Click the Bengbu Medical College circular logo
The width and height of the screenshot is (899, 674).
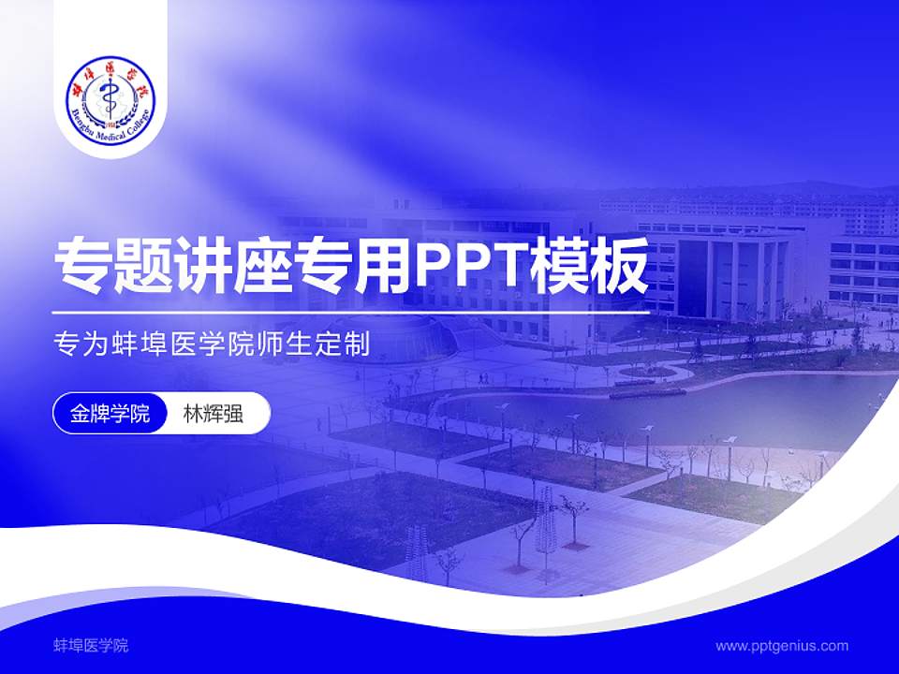tap(111, 95)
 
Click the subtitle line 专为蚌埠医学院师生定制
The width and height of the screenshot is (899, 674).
tap(211, 344)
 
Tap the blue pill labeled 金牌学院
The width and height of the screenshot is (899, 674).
tap(110, 414)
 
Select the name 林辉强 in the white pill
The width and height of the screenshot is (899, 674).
tap(213, 414)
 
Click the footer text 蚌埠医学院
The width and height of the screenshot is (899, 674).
tap(91, 645)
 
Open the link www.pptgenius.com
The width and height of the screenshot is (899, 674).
tap(782, 645)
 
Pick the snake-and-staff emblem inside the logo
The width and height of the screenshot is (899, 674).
tap(111, 94)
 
